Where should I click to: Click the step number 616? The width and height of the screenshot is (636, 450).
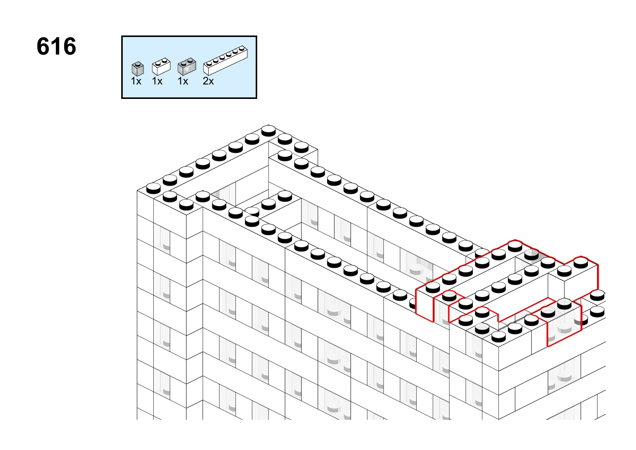click(56, 46)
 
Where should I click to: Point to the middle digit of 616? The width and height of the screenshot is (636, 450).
click(57, 46)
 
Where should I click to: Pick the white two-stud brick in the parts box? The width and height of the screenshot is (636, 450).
click(161, 66)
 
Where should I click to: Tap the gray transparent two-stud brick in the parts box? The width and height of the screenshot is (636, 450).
click(187, 67)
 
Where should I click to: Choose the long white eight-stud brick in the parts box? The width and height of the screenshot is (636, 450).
click(225, 60)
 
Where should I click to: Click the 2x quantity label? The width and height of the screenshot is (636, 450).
click(208, 82)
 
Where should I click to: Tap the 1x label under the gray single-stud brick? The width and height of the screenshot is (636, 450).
click(136, 82)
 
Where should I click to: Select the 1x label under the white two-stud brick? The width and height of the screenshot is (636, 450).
click(157, 82)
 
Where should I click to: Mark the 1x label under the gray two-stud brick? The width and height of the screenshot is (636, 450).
click(183, 82)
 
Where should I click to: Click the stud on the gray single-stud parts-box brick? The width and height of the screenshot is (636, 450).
click(138, 64)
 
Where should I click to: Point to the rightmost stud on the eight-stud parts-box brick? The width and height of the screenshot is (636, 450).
click(242, 48)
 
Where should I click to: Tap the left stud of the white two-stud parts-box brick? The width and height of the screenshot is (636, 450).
click(158, 63)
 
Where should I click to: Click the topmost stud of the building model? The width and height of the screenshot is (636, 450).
click(269, 130)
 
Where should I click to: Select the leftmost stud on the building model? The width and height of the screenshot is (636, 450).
click(153, 188)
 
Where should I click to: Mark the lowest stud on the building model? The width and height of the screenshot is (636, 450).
click(499, 336)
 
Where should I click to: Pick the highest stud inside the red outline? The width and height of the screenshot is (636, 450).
click(515, 246)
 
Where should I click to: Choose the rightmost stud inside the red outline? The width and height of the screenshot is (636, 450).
click(581, 262)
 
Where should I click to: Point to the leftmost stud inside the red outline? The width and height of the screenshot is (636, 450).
click(433, 287)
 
